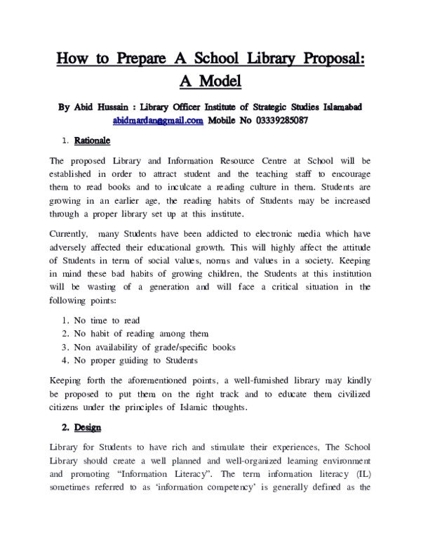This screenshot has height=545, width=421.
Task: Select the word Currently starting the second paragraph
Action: [x=74, y=232]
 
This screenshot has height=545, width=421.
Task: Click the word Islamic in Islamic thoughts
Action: [x=237, y=407]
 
